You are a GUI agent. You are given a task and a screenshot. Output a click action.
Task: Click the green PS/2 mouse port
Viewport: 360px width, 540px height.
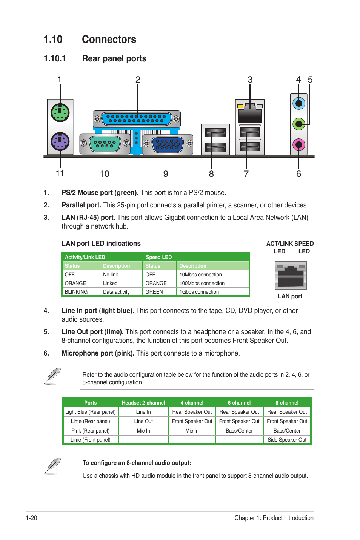click(x=60, y=112)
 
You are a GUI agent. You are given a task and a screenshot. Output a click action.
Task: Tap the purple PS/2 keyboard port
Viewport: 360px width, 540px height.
click(x=60, y=142)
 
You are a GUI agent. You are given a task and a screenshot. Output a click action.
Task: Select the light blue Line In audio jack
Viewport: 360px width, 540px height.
click(x=298, y=103)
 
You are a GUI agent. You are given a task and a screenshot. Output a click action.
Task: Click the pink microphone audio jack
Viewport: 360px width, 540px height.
click(x=298, y=144)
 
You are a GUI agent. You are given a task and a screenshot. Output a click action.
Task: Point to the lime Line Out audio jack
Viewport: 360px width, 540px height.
click(x=298, y=123)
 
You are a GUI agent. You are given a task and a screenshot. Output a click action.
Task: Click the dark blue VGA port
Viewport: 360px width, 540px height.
click(x=167, y=144)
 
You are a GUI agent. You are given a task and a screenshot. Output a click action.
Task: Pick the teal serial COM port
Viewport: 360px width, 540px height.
click(x=105, y=144)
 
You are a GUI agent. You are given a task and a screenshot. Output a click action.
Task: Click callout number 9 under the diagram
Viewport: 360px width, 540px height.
click(x=166, y=174)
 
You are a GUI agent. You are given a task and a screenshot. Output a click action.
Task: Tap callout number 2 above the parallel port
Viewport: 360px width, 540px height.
click(x=138, y=80)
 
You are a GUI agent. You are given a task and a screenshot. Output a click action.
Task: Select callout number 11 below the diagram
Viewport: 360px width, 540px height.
click(x=60, y=173)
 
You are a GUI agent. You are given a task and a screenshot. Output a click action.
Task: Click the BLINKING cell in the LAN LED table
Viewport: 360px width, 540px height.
click(x=76, y=292)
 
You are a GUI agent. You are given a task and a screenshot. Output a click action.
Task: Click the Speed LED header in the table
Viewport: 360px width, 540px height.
click(x=158, y=257)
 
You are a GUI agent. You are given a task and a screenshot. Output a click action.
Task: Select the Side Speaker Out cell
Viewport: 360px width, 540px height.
click(x=287, y=440)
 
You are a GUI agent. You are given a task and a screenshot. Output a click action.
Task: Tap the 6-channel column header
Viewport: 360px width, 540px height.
click(x=239, y=403)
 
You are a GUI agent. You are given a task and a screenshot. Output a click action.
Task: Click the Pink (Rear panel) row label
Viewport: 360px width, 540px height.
click(x=90, y=431)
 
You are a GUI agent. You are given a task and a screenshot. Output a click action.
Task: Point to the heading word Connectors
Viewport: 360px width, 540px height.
click(x=109, y=40)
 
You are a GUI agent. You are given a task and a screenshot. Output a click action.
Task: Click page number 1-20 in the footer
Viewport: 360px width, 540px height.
click(x=31, y=518)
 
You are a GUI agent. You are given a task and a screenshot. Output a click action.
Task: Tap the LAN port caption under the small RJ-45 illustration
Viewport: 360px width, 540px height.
click(x=290, y=296)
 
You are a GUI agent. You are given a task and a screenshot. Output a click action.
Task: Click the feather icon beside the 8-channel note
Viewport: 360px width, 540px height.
click(x=52, y=466)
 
